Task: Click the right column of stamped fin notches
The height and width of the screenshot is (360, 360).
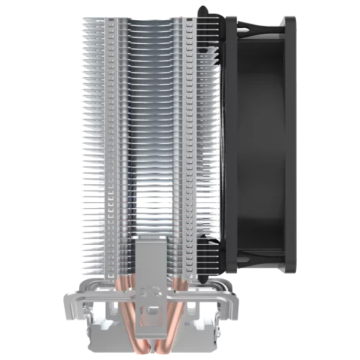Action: pos(189,144)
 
